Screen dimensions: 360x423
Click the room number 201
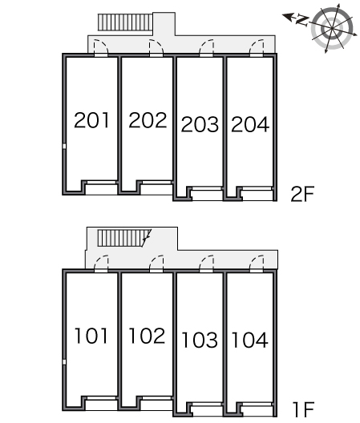click(x=91, y=120)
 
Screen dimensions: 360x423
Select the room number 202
click(x=148, y=120)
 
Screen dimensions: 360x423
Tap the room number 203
click(x=200, y=124)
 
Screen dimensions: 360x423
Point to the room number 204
click(x=250, y=124)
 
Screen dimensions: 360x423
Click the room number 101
click(x=91, y=336)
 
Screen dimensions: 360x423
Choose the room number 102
click(x=148, y=336)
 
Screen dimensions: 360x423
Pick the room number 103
click(x=200, y=340)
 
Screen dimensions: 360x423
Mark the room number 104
click(x=250, y=340)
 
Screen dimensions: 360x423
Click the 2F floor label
click(x=302, y=194)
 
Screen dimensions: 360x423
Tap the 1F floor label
click(x=304, y=409)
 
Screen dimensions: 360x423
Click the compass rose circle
click(x=332, y=28)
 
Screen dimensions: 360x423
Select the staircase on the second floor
click(x=125, y=22)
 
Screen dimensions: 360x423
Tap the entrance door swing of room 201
click(x=101, y=47)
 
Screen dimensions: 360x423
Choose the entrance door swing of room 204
click(x=257, y=47)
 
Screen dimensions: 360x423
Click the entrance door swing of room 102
click(x=156, y=263)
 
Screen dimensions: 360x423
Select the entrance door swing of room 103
click(x=207, y=263)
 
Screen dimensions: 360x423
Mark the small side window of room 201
click(x=64, y=147)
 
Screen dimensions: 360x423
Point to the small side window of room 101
click(x=64, y=362)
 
